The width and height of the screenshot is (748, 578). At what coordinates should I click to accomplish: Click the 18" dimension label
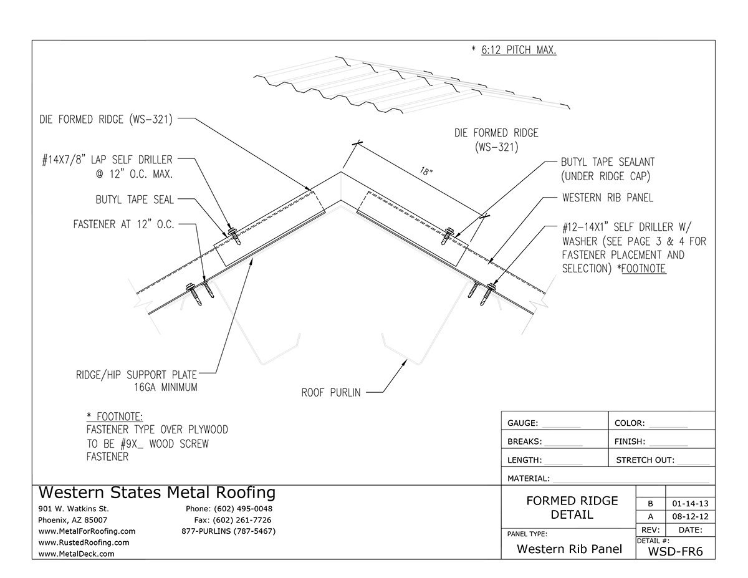pyautogui.click(x=426, y=171)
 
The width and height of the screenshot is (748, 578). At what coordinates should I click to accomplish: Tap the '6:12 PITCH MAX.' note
pyautogui.click(x=517, y=50)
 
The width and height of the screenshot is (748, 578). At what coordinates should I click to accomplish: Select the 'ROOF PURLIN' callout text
pyautogui.click(x=331, y=393)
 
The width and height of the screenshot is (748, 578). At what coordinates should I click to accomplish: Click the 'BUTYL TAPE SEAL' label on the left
pyautogui.click(x=135, y=200)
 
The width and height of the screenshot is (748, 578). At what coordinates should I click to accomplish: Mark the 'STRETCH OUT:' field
pyautogui.click(x=645, y=460)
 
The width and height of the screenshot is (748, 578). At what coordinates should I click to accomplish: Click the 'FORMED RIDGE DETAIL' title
pyautogui.click(x=572, y=508)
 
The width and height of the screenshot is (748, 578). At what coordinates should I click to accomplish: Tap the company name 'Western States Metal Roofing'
pyautogui.click(x=156, y=493)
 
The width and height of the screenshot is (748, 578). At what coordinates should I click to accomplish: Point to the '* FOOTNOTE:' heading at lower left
pyautogui.click(x=115, y=417)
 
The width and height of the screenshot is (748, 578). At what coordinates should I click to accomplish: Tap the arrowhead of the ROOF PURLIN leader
pyautogui.click(x=407, y=362)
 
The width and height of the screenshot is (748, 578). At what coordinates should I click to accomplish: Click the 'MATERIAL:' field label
pyautogui.click(x=529, y=479)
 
